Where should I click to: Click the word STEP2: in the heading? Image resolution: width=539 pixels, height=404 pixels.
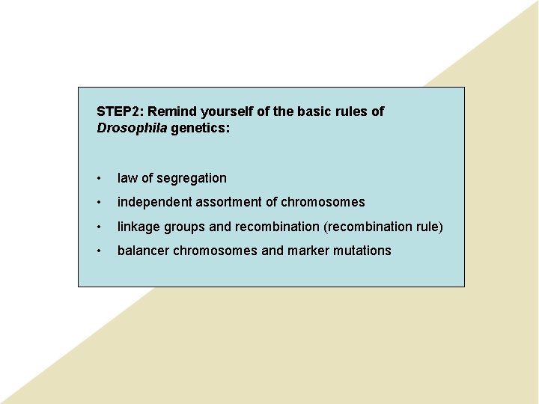[x=120, y=111]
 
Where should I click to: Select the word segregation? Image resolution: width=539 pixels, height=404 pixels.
[x=192, y=178]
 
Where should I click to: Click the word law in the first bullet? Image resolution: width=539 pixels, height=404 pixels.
[x=127, y=178]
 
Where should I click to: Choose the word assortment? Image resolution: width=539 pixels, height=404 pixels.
[x=230, y=202]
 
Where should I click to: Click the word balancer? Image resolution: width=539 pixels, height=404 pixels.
[x=144, y=251]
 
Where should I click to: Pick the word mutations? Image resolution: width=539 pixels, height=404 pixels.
[x=362, y=251]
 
